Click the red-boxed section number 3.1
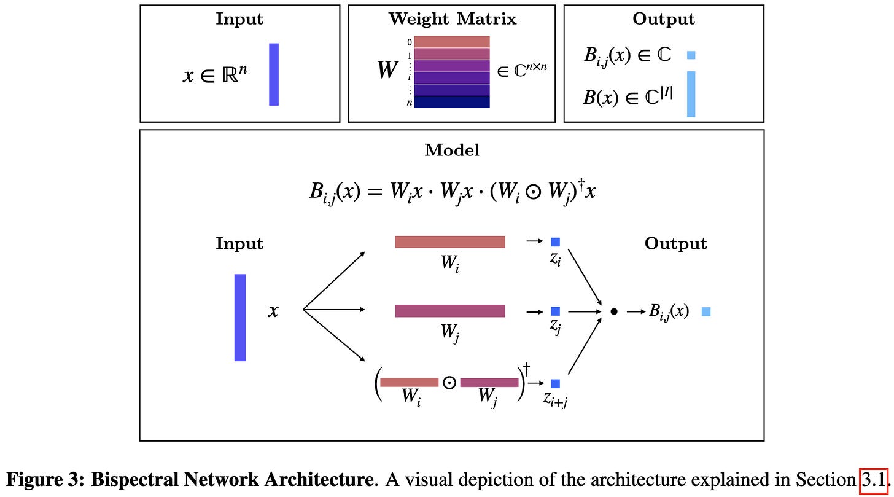click(874, 480)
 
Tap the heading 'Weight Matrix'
click(453, 19)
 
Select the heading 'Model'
click(452, 150)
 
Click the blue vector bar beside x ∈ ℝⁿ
click(274, 74)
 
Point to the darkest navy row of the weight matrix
click(452, 102)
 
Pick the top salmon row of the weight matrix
click(452, 42)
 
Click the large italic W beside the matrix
click(387, 70)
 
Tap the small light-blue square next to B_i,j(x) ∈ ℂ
click(691, 55)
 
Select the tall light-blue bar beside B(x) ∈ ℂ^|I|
click(691, 94)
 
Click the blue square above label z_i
click(555, 242)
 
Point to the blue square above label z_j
click(555, 311)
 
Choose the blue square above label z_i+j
click(555, 383)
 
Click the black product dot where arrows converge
click(614, 311)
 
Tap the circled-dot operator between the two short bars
click(449, 383)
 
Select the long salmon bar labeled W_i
click(450, 242)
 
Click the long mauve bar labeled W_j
click(450, 311)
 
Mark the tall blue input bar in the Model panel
click(240, 318)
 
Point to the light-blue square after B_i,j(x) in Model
click(706, 311)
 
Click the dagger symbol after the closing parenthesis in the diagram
click(526, 370)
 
